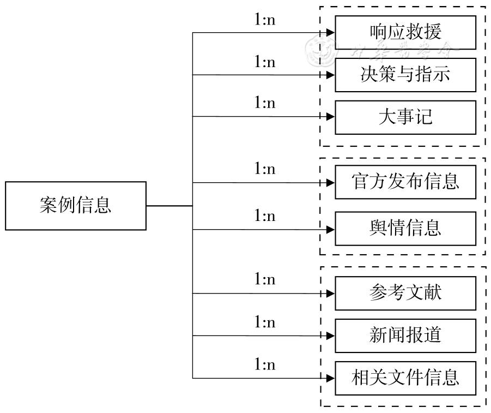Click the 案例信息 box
click(76, 206)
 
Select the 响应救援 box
click(405, 32)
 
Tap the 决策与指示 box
click(405, 75)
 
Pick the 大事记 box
click(405, 117)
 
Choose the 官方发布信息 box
click(405, 182)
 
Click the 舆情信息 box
click(405, 229)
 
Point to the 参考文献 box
click(405, 293)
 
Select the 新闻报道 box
click(405, 336)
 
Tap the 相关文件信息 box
click(405, 378)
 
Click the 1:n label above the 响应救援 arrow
click(265, 20)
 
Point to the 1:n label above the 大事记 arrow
click(265, 103)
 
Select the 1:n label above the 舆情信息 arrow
click(265, 216)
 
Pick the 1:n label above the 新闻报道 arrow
click(265, 322)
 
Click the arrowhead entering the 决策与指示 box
click(330, 75)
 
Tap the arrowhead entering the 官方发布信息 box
click(330, 183)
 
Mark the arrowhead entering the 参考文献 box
click(330, 294)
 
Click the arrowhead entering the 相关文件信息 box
click(330, 378)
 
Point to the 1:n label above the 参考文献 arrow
click(265, 280)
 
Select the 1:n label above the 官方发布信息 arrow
click(265, 169)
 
